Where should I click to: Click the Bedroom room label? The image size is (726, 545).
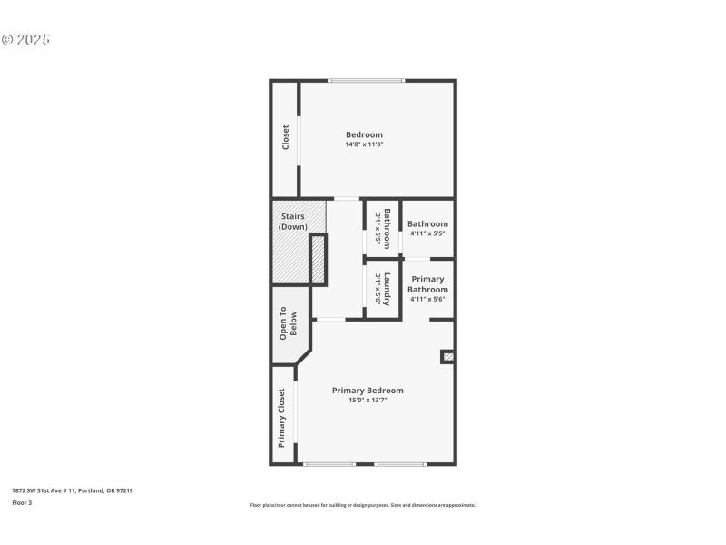pyautogui.click(x=364, y=134)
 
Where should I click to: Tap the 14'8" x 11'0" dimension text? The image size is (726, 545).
pyautogui.click(x=364, y=144)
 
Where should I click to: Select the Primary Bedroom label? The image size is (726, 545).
pyautogui.click(x=368, y=391)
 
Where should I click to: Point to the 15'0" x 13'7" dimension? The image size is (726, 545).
pyautogui.click(x=368, y=400)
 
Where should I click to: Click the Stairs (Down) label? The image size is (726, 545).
pyautogui.click(x=292, y=222)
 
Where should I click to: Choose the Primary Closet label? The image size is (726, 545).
pyautogui.click(x=282, y=418)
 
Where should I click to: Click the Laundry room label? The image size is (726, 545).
pyautogui.click(x=387, y=289)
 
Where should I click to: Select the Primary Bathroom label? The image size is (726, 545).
pyautogui.click(x=427, y=284)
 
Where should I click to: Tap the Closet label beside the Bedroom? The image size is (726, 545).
pyautogui.click(x=285, y=137)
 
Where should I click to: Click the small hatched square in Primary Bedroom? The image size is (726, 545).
pyautogui.click(x=447, y=357)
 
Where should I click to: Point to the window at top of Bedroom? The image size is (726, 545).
pyautogui.click(x=366, y=81)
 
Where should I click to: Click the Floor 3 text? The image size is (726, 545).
pyautogui.click(x=22, y=502)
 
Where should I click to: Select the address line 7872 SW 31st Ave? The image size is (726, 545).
pyautogui.click(x=73, y=490)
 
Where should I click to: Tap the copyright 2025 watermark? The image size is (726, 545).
pyautogui.click(x=25, y=40)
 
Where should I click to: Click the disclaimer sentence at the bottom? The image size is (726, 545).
pyautogui.click(x=362, y=505)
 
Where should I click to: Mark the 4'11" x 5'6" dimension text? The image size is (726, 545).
pyautogui.click(x=427, y=299)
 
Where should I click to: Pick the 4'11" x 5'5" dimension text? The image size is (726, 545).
pyautogui.click(x=427, y=233)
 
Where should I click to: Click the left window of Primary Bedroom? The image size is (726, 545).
pyautogui.click(x=329, y=464)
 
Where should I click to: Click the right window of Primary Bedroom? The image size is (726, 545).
pyautogui.click(x=399, y=464)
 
